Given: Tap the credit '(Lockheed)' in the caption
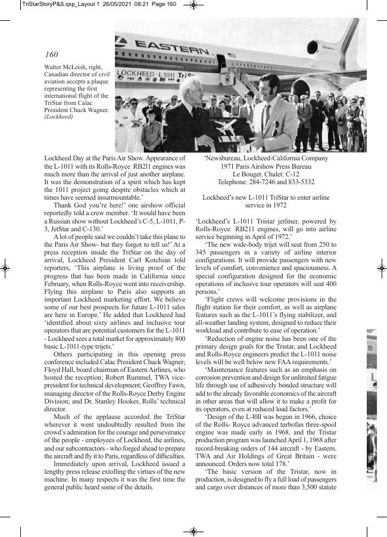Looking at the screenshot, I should pyautogui.click(x=59, y=117).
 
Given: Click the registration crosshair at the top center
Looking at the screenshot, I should pyautogui.click(x=193, y=5).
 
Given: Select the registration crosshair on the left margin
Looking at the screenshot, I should pyautogui.click(x=5, y=269).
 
